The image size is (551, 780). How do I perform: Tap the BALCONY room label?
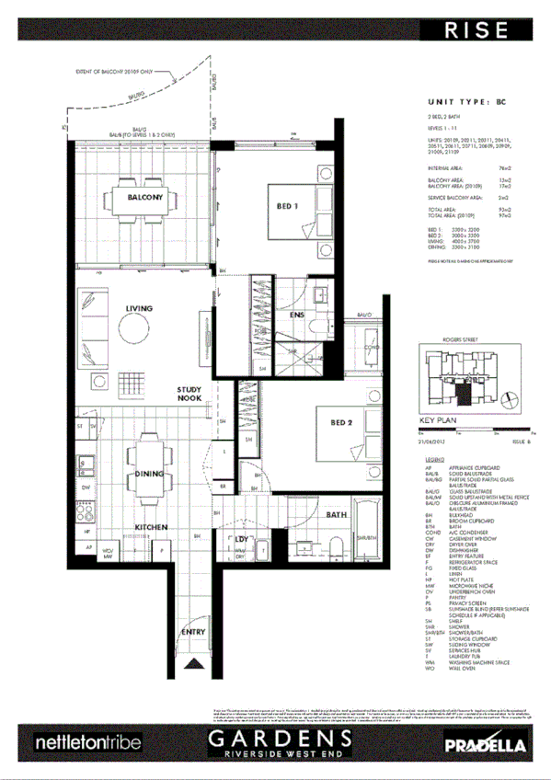coord(145,198)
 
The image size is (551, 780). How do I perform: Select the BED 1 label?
coord(289,206)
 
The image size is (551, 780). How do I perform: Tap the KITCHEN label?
coord(151,527)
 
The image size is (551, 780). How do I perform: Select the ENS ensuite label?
coord(297,315)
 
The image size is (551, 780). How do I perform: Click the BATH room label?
coord(337,515)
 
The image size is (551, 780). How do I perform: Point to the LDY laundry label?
coord(243,539)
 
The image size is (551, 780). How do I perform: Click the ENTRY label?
coord(192,633)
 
